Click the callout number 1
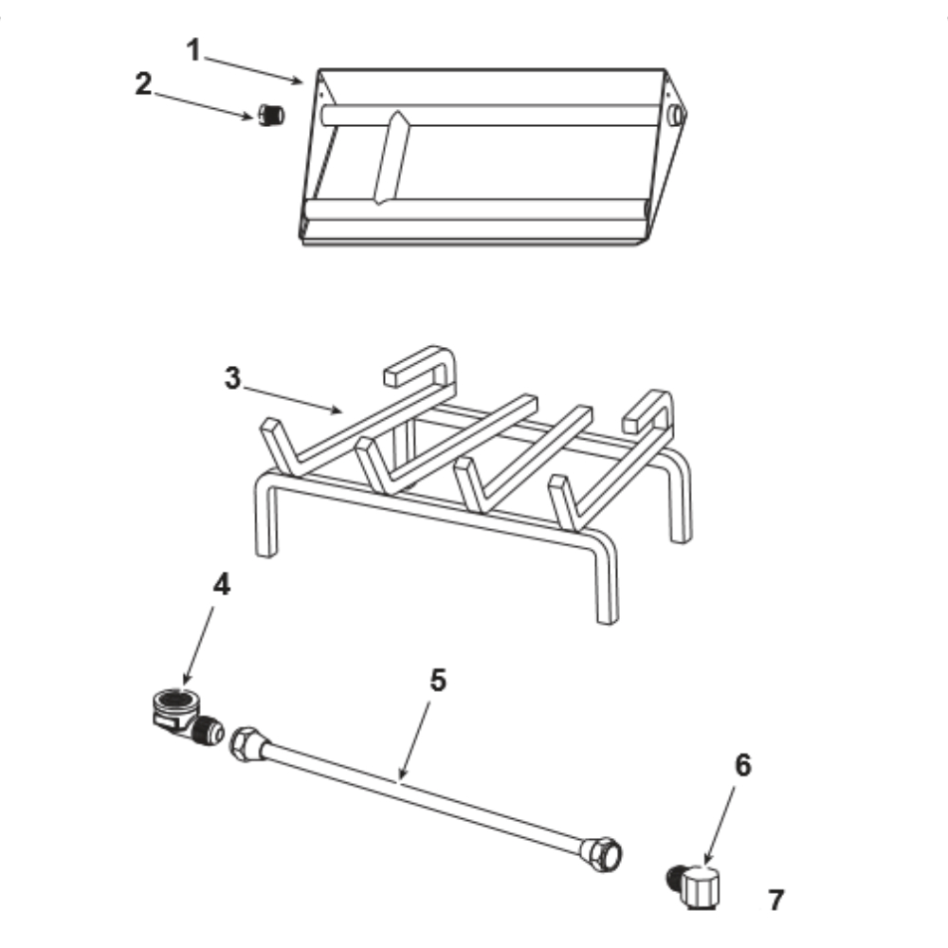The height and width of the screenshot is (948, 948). [x=193, y=50]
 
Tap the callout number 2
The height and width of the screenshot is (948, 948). [x=143, y=84]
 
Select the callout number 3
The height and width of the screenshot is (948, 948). [x=233, y=378]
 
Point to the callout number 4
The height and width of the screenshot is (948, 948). [x=222, y=585]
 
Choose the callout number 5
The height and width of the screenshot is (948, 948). [x=438, y=680]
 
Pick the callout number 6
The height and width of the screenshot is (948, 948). [x=743, y=765]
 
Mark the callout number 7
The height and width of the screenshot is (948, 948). [x=776, y=900]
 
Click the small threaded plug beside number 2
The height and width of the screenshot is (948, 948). [x=271, y=115]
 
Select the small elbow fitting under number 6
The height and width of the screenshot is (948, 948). [x=695, y=885]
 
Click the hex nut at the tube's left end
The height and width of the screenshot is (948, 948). [x=246, y=743]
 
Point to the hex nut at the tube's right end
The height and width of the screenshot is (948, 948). [x=603, y=853]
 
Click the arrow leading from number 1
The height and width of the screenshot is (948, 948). [x=253, y=69]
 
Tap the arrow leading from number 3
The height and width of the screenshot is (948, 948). [x=293, y=400]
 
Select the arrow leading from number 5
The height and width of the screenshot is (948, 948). [x=415, y=739]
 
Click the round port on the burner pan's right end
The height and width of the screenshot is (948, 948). [x=676, y=115]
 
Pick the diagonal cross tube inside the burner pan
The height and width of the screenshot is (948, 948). [x=392, y=157]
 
